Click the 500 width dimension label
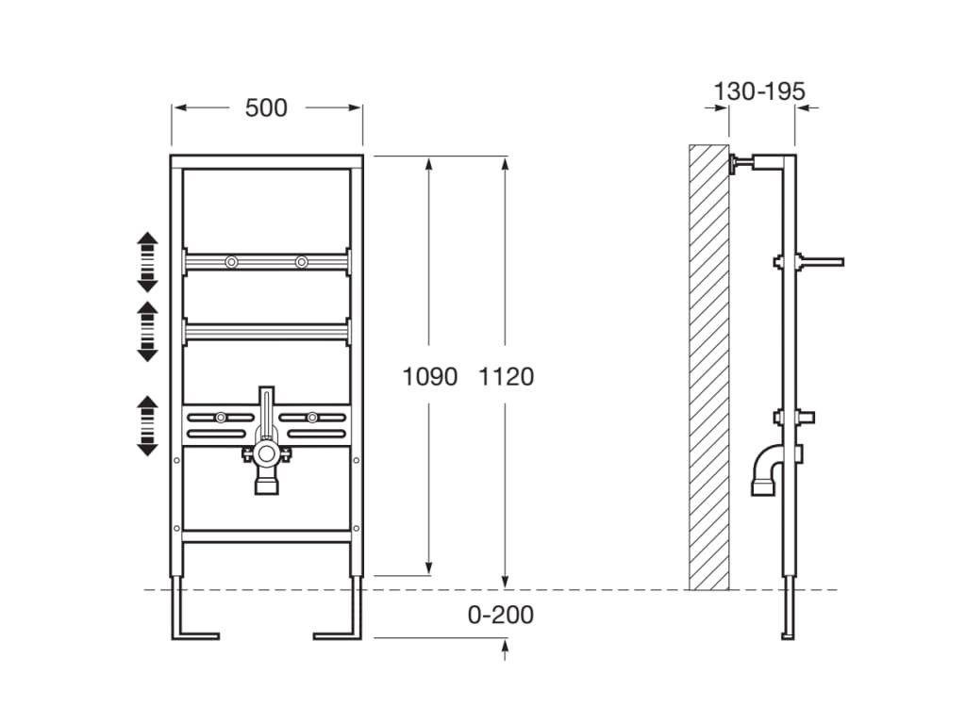[266, 107]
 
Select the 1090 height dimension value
[429, 376]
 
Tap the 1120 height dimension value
[506, 376]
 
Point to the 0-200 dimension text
[500, 615]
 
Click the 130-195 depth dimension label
[759, 91]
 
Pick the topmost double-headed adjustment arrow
[147, 262]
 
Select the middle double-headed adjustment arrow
[147, 331]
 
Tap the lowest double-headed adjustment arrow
[147, 425]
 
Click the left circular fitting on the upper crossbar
[231, 262]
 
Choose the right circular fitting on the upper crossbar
[301, 262]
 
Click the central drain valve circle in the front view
[267, 454]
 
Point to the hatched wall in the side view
[708, 368]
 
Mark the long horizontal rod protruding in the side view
[820, 262]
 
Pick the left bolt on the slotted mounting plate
[221, 418]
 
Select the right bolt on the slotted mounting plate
[312, 418]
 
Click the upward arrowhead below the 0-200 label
[506, 646]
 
